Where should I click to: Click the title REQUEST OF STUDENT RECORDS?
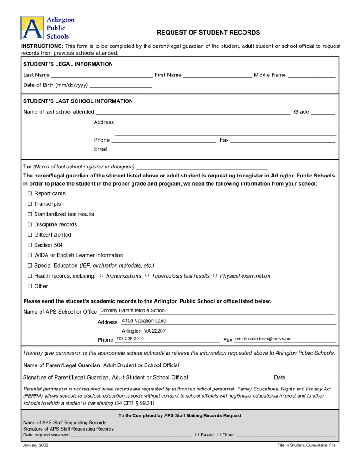point(208,33)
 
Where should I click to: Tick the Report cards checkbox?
point(30,194)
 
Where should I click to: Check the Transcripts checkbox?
point(30,204)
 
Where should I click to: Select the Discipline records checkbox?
point(30,225)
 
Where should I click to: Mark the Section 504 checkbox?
point(30,245)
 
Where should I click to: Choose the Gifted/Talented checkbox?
point(30,235)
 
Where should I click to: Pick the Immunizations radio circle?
point(101,276)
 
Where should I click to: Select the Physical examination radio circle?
point(215,276)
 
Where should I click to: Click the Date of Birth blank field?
point(121,85)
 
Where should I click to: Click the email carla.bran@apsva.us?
point(263,339)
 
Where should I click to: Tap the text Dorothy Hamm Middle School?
point(133,311)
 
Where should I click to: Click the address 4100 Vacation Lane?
point(144,321)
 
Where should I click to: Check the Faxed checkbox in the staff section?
point(197,435)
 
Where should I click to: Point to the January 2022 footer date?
point(35,446)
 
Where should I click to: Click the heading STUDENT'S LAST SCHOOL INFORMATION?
point(78,101)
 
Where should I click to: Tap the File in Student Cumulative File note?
point(306,446)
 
